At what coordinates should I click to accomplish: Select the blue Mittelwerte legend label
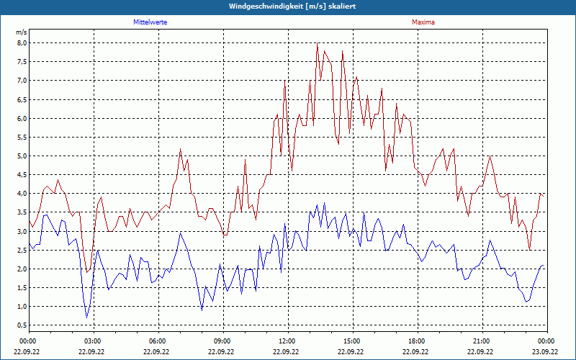[x=150, y=22]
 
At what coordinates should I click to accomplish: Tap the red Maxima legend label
[x=423, y=22]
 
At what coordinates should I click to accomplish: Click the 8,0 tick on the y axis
[x=22, y=43]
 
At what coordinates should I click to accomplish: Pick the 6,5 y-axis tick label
[x=22, y=99]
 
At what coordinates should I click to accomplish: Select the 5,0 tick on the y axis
[x=22, y=156]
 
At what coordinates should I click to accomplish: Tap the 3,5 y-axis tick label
[x=22, y=212]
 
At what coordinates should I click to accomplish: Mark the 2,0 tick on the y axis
[x=22, y=269]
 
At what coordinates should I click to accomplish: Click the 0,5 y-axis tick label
[x=22, y=325]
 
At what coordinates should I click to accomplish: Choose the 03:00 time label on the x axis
[x=93, y=341]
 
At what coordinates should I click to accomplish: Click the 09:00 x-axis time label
[x=222, y=341]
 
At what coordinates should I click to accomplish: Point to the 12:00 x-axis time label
[x=287, y=341]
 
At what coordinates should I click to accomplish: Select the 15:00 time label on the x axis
[x=352, y=341]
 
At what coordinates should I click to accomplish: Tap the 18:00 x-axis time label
[x=417, y=341]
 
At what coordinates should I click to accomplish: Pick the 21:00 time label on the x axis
[x=482, y=341]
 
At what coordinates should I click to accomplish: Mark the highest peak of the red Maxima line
[x=317, y=43]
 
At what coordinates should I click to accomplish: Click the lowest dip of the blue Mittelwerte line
[x=87, y=318]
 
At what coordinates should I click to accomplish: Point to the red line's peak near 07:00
[x=180, y=148]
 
